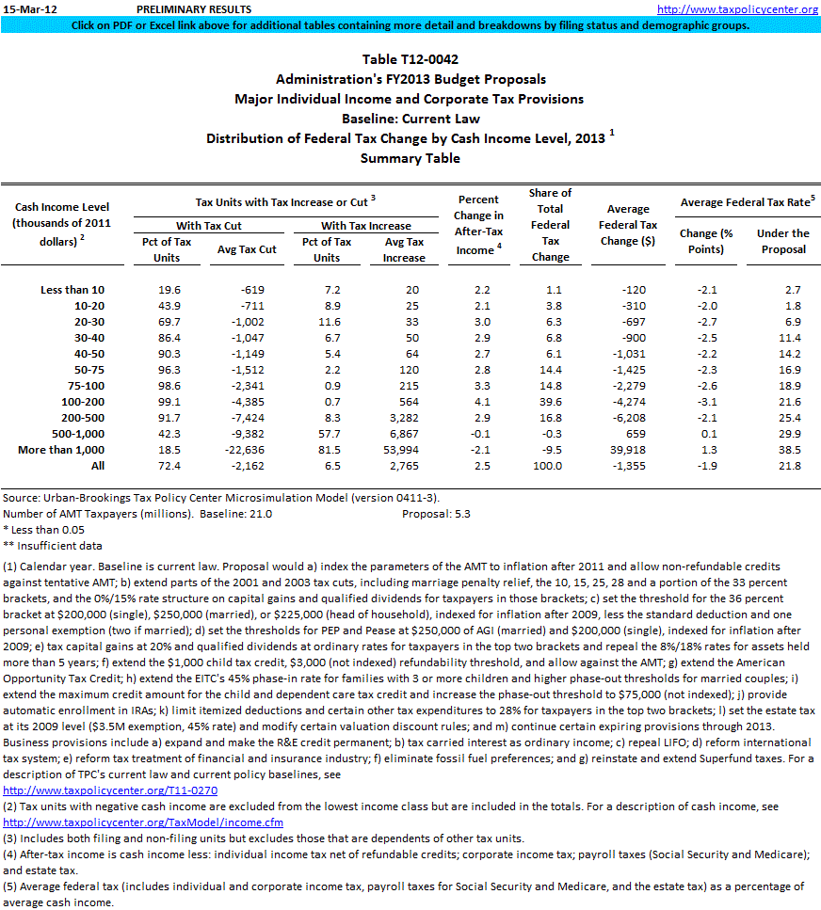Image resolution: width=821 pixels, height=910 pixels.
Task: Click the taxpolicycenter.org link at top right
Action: pos(737,8)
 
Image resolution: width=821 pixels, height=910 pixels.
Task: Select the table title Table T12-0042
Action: pos(410,60)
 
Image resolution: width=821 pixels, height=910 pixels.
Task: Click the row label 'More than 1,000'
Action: pos(61,451)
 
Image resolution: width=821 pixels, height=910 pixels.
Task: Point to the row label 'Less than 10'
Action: pos(72,290)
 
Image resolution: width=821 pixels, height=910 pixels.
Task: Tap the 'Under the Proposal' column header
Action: pos(783,241)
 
